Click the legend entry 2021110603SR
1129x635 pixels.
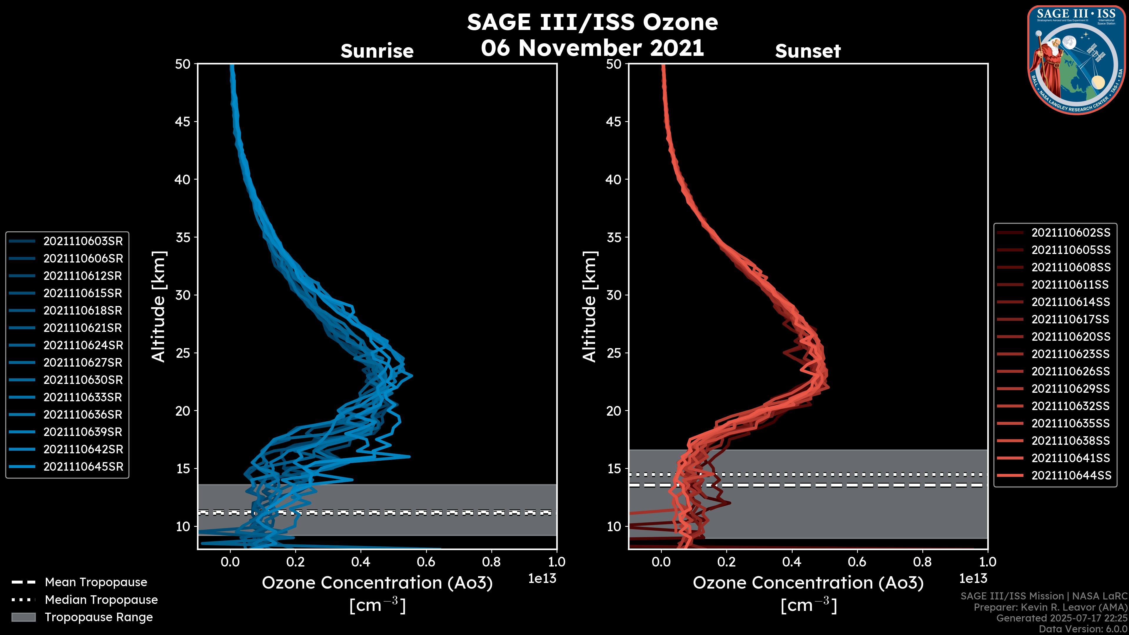(x=83, y=241)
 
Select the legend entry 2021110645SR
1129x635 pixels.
(x=83, y=467)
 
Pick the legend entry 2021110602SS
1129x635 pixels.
(x=1071, y=233)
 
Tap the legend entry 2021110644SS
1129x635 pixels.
(x=1071, y=475)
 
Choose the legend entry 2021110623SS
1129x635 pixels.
(x=1071, y=354)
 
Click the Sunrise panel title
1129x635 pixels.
(x=377, y=51)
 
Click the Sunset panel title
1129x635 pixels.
(x=808, y=51)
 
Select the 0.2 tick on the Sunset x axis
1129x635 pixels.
(x=726, y=562)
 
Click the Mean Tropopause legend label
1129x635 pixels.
(x=96, y=582)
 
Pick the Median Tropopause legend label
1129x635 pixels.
(x=101, y=600)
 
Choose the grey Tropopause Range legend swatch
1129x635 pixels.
(x=23, y=617)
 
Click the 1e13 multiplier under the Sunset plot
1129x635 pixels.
(x=973, y=579)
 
